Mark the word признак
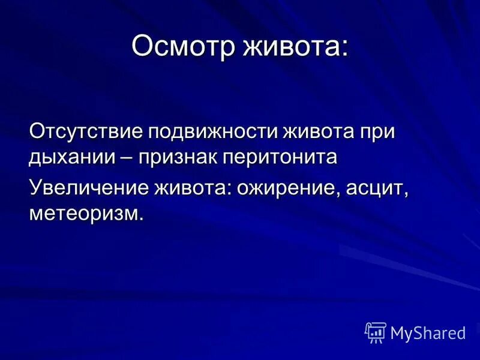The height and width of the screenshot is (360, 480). click(178, 157)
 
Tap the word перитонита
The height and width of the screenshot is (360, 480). click(281, 157)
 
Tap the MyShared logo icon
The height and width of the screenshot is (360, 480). click(376, 332)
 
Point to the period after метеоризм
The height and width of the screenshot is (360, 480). click(142, 218)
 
